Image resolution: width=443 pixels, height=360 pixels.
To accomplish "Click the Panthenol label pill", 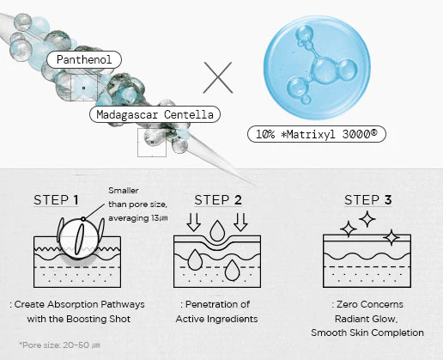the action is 84,59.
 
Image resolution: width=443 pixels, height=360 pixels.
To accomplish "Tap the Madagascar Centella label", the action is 155,114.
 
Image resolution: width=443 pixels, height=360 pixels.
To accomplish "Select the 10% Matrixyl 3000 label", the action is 317,134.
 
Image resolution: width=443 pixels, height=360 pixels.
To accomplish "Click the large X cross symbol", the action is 218,77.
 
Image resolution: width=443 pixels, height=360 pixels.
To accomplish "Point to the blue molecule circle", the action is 317,68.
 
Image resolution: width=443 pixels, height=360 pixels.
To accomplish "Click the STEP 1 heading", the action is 56,200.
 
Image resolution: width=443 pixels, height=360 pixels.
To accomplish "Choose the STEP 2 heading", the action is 218,200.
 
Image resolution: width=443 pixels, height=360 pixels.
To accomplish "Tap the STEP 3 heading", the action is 368,200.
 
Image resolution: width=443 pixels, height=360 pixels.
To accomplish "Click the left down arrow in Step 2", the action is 194,222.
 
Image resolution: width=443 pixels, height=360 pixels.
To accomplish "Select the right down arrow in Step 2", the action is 240,222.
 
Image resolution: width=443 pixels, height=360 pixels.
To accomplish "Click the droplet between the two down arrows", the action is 217,230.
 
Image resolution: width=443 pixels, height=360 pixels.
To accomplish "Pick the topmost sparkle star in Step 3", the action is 367,219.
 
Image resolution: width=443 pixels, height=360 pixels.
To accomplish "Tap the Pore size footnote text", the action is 59,345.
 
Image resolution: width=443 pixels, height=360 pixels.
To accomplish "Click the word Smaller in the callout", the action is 124,191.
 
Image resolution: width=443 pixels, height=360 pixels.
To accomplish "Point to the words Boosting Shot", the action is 99,319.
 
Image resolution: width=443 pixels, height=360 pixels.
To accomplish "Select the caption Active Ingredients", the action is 216,319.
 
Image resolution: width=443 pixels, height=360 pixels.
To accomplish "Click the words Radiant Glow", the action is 367,319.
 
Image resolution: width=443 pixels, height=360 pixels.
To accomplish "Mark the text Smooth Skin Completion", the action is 367,333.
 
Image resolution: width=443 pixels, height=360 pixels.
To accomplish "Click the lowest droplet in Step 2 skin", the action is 232,270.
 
